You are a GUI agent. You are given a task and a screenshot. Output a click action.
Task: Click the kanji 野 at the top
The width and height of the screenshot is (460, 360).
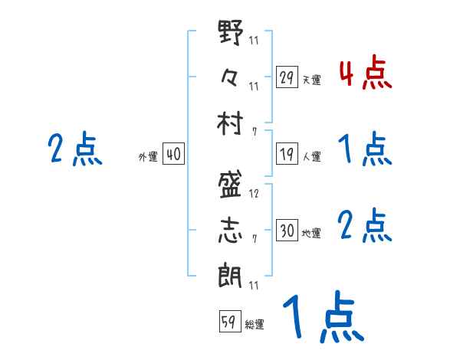coord(231,34)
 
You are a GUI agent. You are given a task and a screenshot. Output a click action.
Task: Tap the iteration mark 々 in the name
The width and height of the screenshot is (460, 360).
coord(231,77)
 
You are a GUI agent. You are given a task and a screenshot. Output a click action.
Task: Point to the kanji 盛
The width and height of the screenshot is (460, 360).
coord(231,186)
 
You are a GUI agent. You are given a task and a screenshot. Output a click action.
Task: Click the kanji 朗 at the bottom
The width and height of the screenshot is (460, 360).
coord(231,274)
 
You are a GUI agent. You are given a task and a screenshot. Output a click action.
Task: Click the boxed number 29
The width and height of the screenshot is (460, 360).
coord(286,77)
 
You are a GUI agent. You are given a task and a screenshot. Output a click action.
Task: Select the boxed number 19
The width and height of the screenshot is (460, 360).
coord(286,154)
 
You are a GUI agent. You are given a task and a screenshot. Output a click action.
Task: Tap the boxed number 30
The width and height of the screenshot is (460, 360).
coord(286,231)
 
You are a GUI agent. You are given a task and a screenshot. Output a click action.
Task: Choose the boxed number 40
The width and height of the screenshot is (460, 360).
coord(173,154)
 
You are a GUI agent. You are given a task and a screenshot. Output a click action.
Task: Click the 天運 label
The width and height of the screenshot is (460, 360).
coord(311,80)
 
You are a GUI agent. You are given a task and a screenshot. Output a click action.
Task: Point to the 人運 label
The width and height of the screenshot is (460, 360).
coord(311,156)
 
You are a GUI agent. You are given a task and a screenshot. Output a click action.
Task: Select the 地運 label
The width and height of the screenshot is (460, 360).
coord(311,233)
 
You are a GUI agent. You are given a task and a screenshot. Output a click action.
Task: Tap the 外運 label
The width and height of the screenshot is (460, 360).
coord(147,156)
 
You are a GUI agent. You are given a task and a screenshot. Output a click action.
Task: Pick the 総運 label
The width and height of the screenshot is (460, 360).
coord(255,324)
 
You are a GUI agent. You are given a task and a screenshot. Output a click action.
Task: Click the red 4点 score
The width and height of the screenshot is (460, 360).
coord(365,73)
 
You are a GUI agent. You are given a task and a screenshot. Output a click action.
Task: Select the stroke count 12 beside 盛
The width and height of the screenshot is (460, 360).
coord(254,194)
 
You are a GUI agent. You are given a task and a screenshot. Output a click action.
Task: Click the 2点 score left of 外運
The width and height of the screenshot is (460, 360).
coord(74,149)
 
